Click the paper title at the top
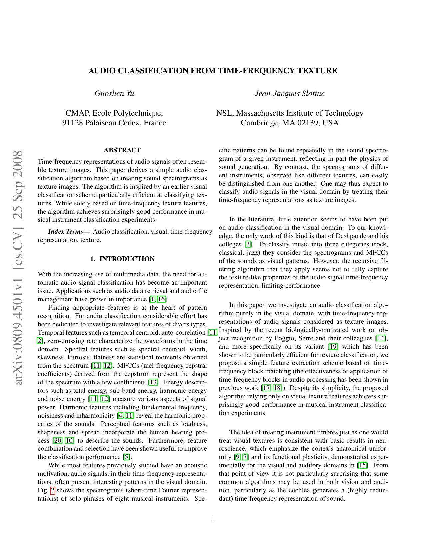pyautogui.click(x=212, y=71)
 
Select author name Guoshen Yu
pyautogui.click(x=114, y=94)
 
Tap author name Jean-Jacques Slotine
pyautogui.click(x=290, y=94)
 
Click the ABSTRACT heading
pyautogui.click(x=122, y=150)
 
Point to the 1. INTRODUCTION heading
pyautogui.click(x=122, y=259)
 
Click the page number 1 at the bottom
pyautogui.click(x=213, y=519)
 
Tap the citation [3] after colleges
pyautogui.click(x=248, y=244)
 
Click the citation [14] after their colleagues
pyautogui.click(x=381, y=338)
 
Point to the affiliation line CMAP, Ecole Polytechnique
pyautogui.click(x=114, y=113)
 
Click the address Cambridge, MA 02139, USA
pyautogui.click(x=290, y=123)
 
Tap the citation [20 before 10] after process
pyautogui.click(x=58, y=441)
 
